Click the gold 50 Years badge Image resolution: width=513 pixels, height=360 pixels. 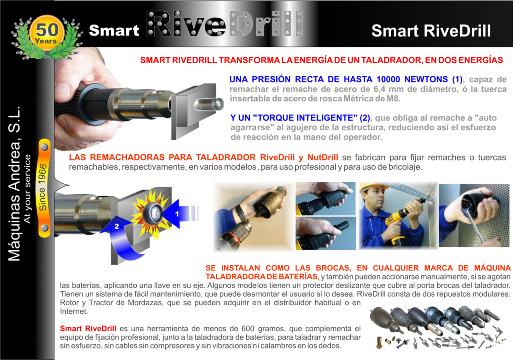coord(46,33)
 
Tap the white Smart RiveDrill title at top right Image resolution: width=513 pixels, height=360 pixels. coord(431,31)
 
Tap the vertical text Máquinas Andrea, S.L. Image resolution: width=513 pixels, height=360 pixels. coord(15,183)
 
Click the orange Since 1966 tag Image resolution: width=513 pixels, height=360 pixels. coord(44,187)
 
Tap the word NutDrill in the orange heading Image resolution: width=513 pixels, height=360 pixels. coord(322,157)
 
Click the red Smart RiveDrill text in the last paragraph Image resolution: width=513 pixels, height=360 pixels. coord(88,328)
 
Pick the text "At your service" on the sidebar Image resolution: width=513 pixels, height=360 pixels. coord(27,189)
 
